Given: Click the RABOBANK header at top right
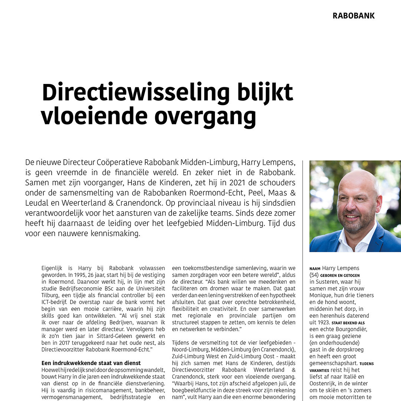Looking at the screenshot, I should [x=353, y=16].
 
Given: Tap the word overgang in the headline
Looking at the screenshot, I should [x=205, y=117].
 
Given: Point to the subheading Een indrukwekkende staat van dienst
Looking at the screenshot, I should [x=91, y=363].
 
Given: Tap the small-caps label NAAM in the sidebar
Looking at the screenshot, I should [x=315, y=268].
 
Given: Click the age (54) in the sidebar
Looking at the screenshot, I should [x=314, y=275].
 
